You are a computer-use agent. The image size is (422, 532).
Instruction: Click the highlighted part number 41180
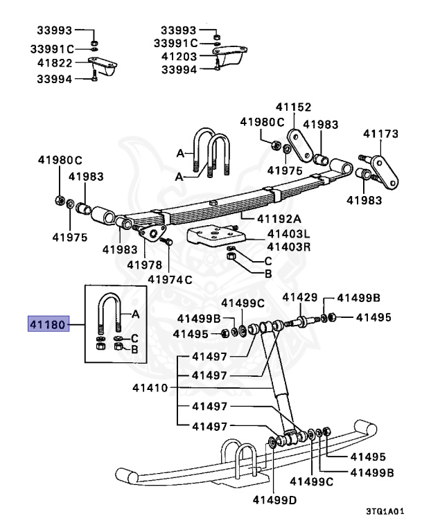pos(48,323)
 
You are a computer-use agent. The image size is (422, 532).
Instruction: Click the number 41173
pos(382,132)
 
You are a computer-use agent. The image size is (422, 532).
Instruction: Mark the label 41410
pos(150,388)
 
